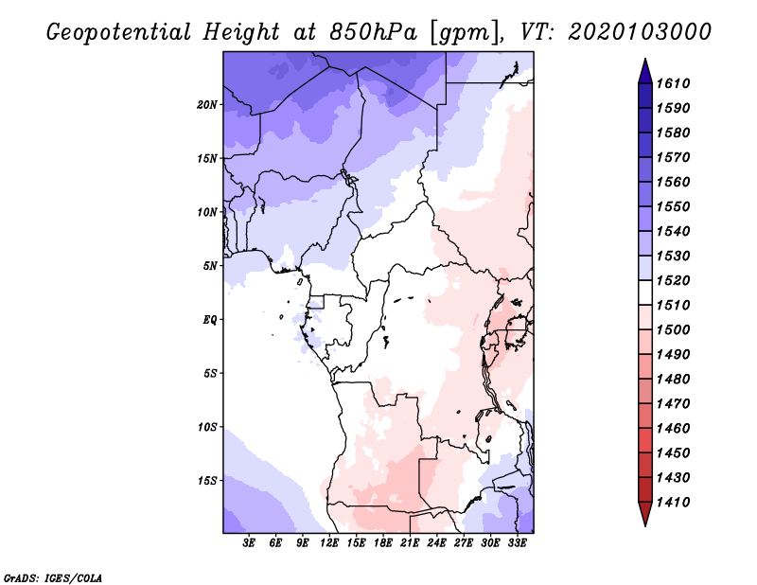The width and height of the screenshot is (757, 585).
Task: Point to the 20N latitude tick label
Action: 207,104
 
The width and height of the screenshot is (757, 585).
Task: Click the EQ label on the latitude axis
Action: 210,319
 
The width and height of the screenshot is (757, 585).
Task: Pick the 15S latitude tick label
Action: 207,480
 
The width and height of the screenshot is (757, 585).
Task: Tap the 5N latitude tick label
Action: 210,265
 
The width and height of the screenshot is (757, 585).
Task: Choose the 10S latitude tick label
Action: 207,427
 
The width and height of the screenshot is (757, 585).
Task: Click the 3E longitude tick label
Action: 249,543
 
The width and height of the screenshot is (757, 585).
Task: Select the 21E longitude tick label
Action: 410,543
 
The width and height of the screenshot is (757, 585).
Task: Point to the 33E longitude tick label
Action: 517,543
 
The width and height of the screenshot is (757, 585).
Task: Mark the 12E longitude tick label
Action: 329,543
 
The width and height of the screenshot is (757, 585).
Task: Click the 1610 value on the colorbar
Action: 676,83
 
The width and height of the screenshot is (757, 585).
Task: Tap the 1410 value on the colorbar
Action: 676,502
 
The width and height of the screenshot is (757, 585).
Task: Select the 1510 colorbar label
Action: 676,305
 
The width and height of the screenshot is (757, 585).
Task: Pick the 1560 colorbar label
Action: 676,182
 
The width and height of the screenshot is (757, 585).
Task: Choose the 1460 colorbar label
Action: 676,428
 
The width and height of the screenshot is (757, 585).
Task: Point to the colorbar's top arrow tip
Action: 643,62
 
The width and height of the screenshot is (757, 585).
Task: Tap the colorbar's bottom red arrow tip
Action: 643,523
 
